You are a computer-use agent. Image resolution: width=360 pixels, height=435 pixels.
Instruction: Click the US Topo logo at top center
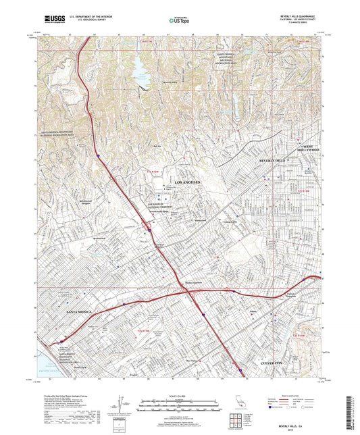[x=178, y=20]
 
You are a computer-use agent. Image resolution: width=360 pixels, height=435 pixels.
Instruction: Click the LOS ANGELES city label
[x=188, y=182]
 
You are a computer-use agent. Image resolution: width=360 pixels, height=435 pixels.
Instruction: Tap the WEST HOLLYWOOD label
[x=309, y=148]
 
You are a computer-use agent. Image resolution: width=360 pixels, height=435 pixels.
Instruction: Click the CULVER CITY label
[x=275, y=363]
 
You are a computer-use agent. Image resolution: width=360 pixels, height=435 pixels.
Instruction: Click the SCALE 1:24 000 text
[x=180, y=394]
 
